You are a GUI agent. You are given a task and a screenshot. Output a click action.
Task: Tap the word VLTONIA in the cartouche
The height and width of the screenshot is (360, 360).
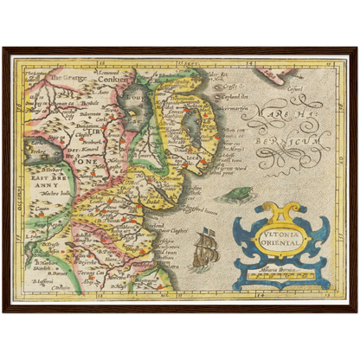click(279, 235)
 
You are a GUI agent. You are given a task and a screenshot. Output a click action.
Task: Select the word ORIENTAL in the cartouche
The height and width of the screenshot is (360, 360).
click(279, 243)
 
